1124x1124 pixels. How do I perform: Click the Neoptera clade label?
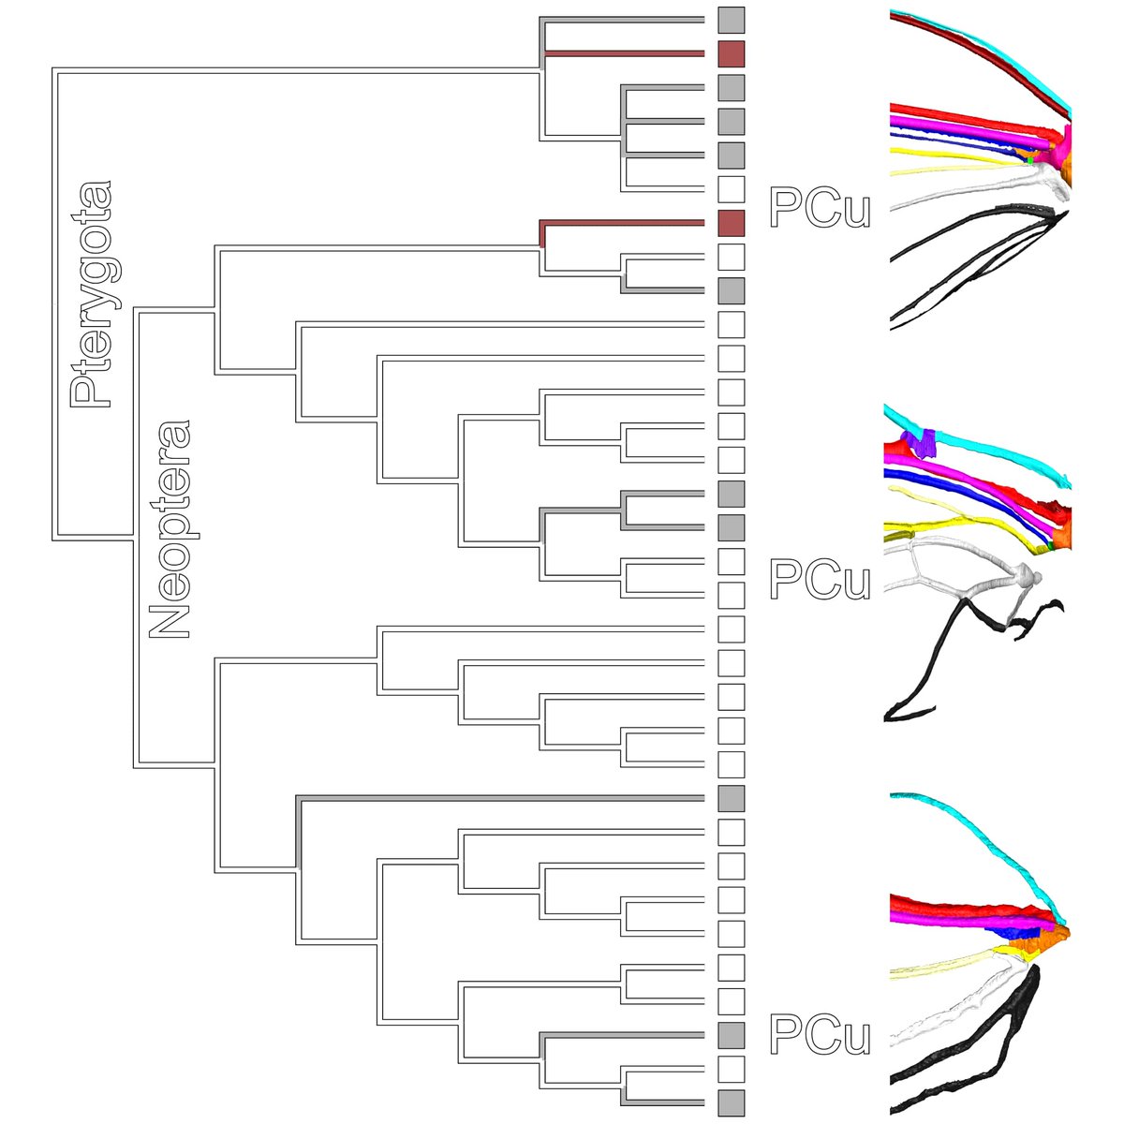[x=170, y=530]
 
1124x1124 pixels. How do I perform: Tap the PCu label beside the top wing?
[x=820, y=208]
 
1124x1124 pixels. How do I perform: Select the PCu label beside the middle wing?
[x=820, y=580]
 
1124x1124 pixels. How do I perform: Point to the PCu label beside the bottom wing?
[x=820, y=1034]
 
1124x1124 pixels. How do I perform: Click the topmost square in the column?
[x=731, y=21]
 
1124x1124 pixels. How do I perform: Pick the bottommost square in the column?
[x=731, y=1102]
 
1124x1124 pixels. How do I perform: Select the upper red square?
[x=731, y=54]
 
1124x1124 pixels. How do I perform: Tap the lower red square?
[x=731, y=223]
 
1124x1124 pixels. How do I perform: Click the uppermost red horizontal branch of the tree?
[x=623, y=54]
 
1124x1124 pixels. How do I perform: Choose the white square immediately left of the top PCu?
[x=731, y=189]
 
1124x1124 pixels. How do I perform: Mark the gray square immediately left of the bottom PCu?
[x=731, y=1034]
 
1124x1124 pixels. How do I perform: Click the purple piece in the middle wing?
[x=925, y=442]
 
